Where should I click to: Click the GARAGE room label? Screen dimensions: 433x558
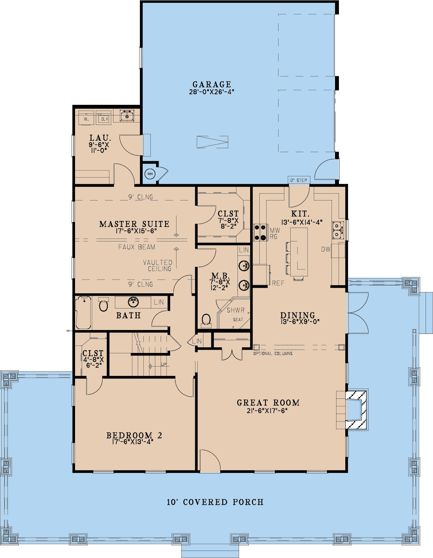pos(212,84)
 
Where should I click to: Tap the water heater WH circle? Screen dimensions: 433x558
pos(150,174)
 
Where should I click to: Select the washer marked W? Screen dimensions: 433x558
pos(86,118)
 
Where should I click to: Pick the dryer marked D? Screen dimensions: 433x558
pos(104,118)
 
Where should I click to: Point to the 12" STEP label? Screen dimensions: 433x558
pos(298,180)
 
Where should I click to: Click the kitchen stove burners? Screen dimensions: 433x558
pos(260,232)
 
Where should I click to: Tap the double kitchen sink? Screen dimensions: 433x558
pos(338,230)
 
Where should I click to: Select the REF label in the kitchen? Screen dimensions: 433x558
pos(278,283)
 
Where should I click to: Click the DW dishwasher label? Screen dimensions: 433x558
pos(326,249)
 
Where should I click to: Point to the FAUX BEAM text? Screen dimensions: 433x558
pos(137,247)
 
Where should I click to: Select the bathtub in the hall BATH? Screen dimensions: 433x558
pos(83,312)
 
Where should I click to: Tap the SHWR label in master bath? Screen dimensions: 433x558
pos(236,310)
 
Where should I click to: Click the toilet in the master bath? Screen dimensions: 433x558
pos(206,321)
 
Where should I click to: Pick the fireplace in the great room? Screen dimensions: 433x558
pos(356,410)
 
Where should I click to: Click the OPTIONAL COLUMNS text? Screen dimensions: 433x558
pos(273,354)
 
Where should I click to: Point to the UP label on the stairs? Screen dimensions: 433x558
pos(164,364)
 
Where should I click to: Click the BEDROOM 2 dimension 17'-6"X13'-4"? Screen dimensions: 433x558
pos(133,442)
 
